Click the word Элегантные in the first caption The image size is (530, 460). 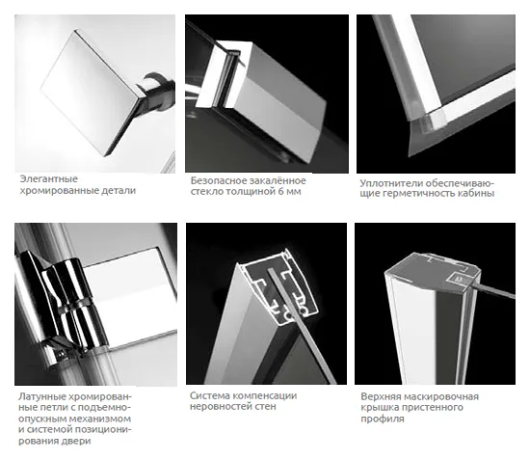pos(49,178)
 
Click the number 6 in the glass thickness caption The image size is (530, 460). pos(280,192)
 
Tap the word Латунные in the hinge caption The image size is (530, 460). pos(41,396)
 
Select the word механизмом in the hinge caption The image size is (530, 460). pos(99,419)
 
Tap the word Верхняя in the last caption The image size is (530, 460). pos(381,396)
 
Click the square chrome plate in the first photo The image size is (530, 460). pos(89,92)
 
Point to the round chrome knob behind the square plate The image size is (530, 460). pos(158,89)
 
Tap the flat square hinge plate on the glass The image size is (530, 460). pos(132,298)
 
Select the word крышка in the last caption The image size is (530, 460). pos(379,407)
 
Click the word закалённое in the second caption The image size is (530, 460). pos(278,180)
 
